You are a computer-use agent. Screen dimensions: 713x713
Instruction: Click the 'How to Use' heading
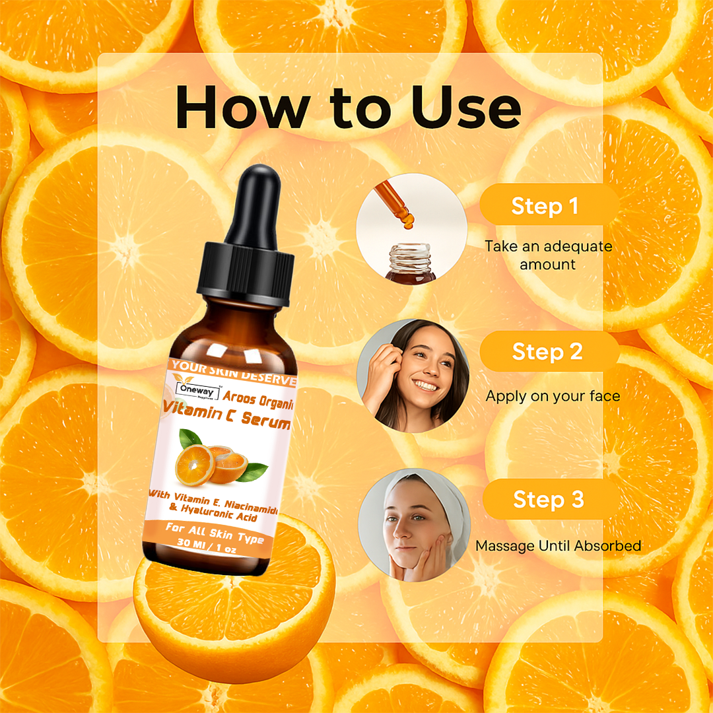[348, 108]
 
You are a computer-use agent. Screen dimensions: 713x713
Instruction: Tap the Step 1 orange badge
[545, 206]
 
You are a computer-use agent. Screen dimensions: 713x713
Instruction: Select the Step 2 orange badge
[547, 351]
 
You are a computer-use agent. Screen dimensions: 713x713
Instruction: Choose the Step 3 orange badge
[548, 499]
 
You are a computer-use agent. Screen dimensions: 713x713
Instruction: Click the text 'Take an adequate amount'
[548, 255]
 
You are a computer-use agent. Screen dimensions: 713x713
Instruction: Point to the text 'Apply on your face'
[553, 396]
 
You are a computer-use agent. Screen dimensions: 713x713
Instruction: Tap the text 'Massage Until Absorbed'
[558, 546]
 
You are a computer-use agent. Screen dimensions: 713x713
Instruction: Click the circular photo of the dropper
[403, 228]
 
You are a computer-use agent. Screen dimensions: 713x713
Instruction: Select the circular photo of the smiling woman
[413, 376]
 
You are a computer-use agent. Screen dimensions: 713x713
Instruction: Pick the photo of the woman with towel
[414, 525]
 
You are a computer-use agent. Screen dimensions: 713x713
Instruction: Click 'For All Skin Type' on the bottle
[215, 532]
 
